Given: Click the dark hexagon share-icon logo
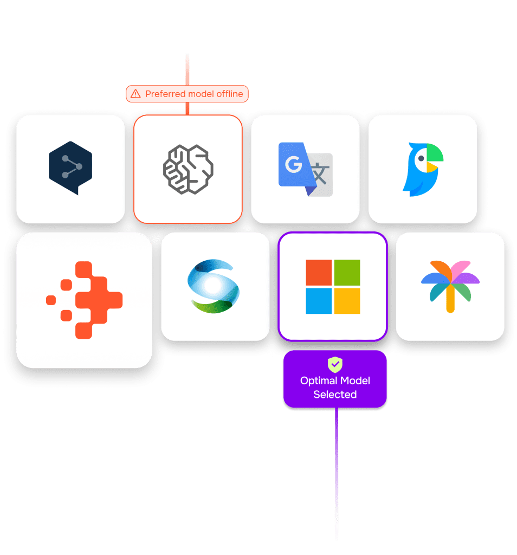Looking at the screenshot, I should coord(70,167).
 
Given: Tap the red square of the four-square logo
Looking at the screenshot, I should coord(319,273).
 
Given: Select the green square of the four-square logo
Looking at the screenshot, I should coord(347,273).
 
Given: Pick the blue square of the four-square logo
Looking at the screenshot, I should coord(319,301).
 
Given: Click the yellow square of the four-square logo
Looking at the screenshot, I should coord(347,301).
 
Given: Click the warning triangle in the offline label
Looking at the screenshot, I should coord(135,94).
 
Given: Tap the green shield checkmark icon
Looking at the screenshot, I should coord(335,364).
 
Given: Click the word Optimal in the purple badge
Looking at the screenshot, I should coord(319,380).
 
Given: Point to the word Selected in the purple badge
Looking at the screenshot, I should coord(335,395).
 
